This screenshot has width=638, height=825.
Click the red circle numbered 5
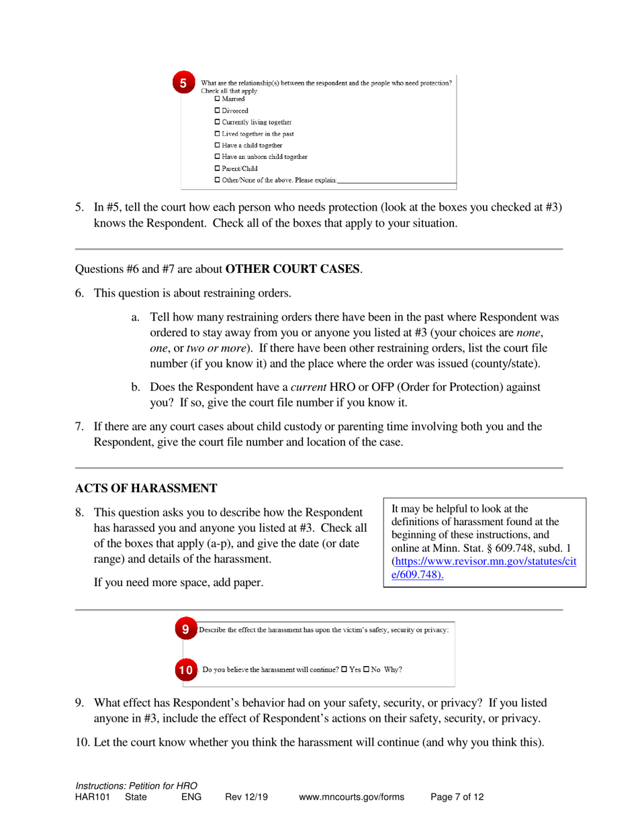pyautogui.click(x=183, y=84)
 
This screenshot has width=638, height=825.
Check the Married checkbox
pyautogui.click(x=217, y=99)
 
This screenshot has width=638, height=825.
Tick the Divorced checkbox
pyautogui.click(x=217, y=110)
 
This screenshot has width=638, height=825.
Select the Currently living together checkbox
pyautogui.click(x=217, y=122)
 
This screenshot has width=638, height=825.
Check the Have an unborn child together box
pyautogui.click(x=217, y=156)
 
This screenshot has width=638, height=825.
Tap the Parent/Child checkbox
pyautogui.click(x=217, y=168)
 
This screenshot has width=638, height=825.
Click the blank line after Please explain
pyautogui.click(x=397, y=180)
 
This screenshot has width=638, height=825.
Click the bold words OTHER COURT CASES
pyautogui.click(x=293, y=270)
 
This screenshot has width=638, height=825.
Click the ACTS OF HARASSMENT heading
pyautogui.click(x=146, y=488)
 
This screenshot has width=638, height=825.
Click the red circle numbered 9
pyautogui.click(x=185, y=630)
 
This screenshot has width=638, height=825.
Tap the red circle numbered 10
pyautogui.click(x=186, y=669)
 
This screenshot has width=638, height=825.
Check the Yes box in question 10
pyautogui.click(x=345, y=669)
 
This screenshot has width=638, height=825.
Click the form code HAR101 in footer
pyautogui.click(x=92, y=797)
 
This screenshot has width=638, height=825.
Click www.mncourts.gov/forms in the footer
pyautogui.click(x=351, y=797)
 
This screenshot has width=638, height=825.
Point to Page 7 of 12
pyautogui.click(x=457, y=797)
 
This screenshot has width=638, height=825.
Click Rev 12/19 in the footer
pyautogui.click(x=246, y=797)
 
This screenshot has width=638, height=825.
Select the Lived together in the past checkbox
pyautogui.click(x=217, y=133)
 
